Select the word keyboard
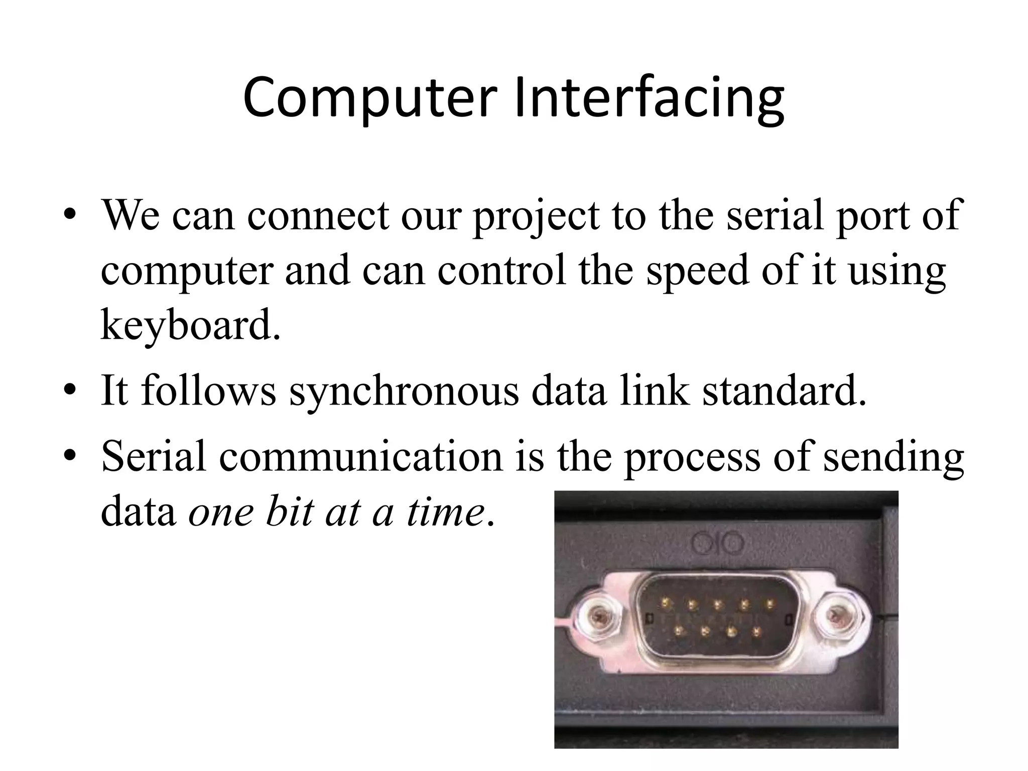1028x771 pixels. (190, 325)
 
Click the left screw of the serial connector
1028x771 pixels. (598, 614)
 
